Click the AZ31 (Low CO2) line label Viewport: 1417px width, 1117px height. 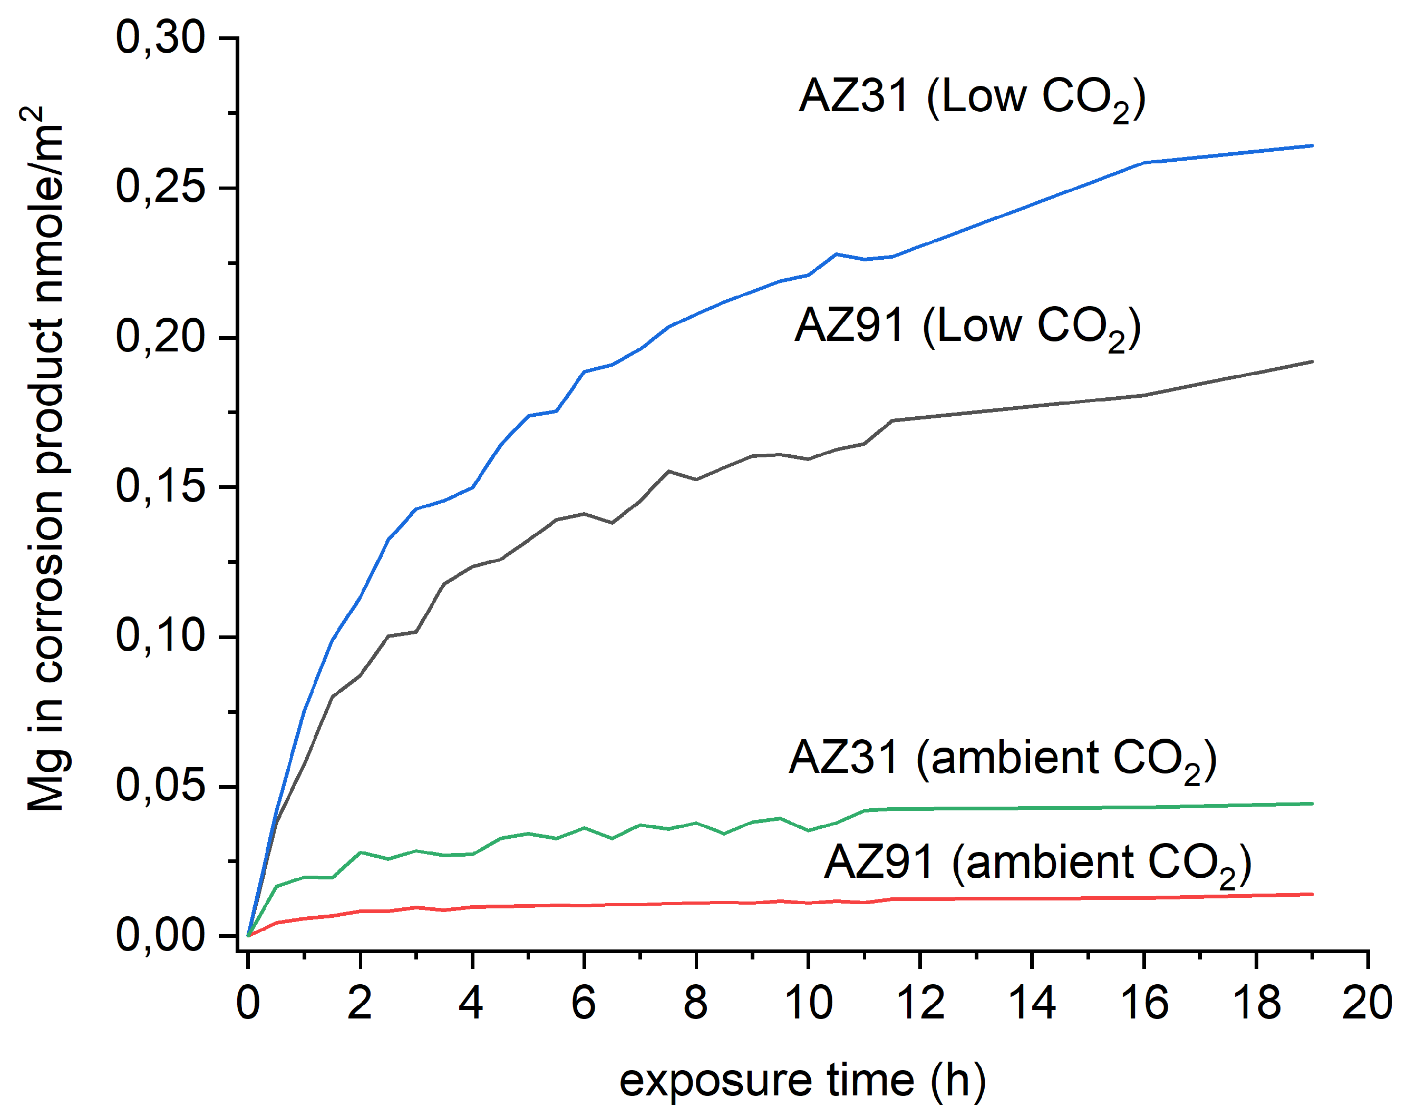pos(972,98)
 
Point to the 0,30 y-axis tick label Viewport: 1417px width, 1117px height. pos(161,37)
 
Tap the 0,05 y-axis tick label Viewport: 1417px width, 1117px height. pos(161,786)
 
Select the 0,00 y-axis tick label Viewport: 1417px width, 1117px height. pos(161,935)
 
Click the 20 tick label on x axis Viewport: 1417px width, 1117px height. pos(1366,1004)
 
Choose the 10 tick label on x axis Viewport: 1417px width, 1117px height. pos(809,1004)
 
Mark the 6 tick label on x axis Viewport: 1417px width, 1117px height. pos(584,1004)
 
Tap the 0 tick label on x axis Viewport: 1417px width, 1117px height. pos(248,1004)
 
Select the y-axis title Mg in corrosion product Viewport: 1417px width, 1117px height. pos(46,458)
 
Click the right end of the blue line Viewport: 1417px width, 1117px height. pos(1312,146)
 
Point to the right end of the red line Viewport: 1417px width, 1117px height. pos(1312,894)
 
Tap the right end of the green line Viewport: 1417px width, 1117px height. pos(1312,804)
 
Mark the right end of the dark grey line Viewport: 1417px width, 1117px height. pos(1312,361)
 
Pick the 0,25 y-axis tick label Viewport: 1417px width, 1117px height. pos(161,187)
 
